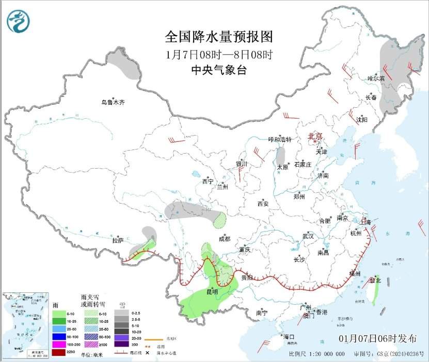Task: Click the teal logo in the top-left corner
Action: [18, 21]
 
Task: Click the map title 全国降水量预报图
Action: [218, 37]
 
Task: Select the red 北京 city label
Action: [315, 136]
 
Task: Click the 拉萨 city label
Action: [118, 240]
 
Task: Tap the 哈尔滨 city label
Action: [376, 78]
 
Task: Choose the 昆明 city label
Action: [212, 291]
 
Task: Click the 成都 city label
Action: [224, 239]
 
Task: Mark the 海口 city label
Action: [288, 337]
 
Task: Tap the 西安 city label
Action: [263, 204]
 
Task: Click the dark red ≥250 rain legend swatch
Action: [59, 352]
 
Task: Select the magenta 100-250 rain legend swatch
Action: [59, 343]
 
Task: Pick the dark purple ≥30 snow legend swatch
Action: [122, 343]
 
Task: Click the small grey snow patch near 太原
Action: [281, 156]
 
